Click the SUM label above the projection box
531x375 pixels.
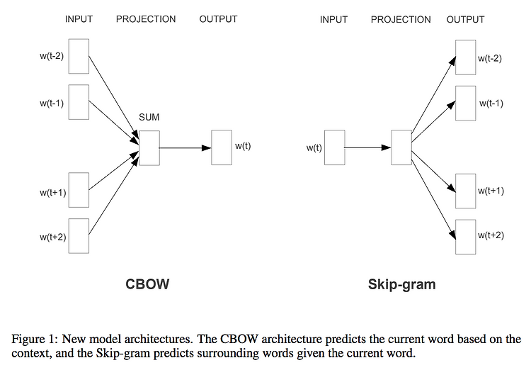tap(149, 117)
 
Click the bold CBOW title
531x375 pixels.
tap(147, 284)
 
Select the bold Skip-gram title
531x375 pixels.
tap(402, 285)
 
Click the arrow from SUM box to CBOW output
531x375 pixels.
tap(185, 148)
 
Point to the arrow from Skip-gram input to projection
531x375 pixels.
tap(368, 147)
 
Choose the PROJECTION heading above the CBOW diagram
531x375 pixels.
tap(146, 19)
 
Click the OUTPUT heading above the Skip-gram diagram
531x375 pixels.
tap(466, 20)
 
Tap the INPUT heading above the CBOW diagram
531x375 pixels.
tap(79, 19)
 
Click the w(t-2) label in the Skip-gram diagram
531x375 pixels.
tap(490, 59)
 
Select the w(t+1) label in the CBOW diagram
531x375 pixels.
tap(53, 193)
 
